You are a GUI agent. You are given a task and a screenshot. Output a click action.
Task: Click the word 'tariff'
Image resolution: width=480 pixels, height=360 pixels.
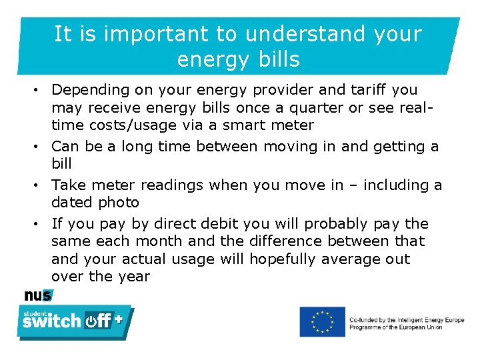(x=364, y=89)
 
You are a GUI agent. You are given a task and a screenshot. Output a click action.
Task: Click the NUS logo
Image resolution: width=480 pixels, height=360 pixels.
(x=38, y=295)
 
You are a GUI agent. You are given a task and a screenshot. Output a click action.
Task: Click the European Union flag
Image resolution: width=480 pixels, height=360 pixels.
(x=322, y=321)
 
